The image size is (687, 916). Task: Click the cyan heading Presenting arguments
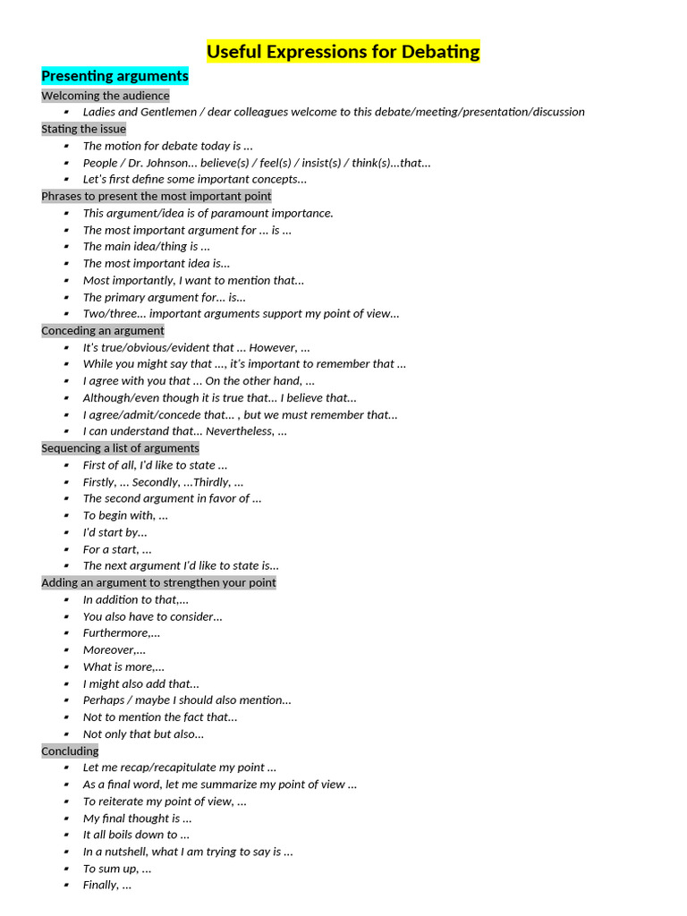pyautogui.click(x=114, y=76)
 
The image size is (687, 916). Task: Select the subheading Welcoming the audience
pyautogui.click(x=105, y=96)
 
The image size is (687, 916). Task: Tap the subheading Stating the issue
pyautogui.click(x=83, y=129)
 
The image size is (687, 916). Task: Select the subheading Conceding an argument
pyautogui.click(x=102, y=330)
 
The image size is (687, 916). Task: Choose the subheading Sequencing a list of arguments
pyautogui.click(x=120, y=448)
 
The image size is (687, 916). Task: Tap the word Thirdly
pyautogui.click(x=211, y=482)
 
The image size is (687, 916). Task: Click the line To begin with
pyautogui.click(x=125, y=515)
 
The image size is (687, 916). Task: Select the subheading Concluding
pyautogui.click(x=70, y=751)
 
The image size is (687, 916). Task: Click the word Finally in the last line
pyautogui.click(x=100, y=885)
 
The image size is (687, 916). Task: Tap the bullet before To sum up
pyautogui.click(x=66, y=869)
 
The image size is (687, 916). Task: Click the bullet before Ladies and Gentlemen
pyautogui.click(x=66, y=112)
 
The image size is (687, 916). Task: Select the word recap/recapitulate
pyautogui.click(x=177, y=768)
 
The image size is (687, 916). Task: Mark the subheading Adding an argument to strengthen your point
pyautogui.click(x=158, y=582)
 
